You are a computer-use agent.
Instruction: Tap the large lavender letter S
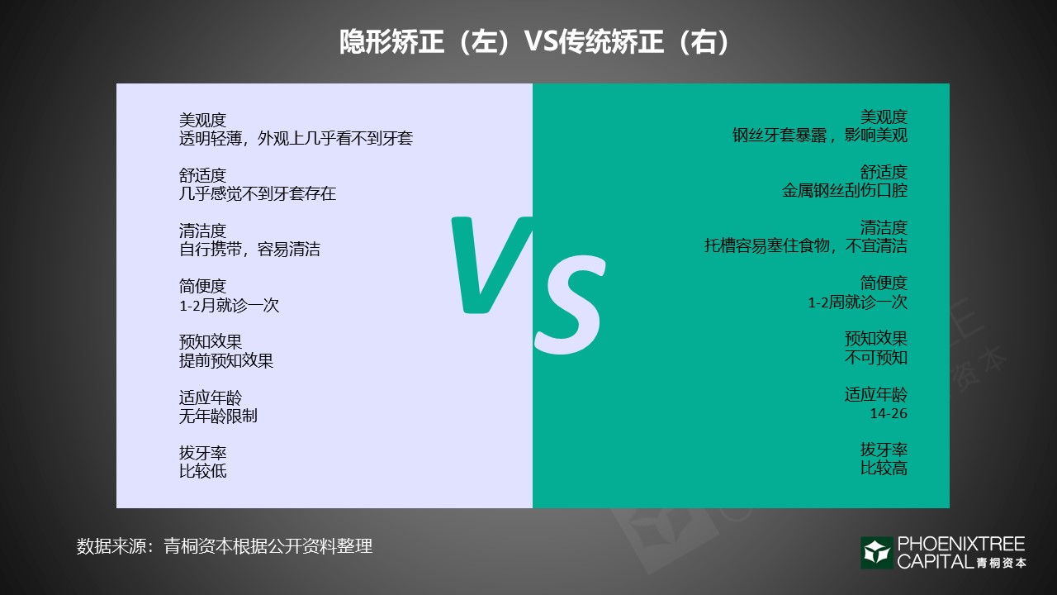570,302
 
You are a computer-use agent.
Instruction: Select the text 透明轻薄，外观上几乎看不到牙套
296,138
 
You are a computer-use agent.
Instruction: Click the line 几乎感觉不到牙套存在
258,194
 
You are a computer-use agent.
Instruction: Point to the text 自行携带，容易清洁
249,250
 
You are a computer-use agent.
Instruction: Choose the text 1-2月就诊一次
229,305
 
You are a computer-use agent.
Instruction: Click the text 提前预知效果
226,360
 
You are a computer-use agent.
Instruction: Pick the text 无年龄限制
218,416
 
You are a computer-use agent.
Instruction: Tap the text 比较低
202,471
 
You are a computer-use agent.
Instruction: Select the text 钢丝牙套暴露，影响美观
819,136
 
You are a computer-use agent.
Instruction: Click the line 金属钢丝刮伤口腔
845,191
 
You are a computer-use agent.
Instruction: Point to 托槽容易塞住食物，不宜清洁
805,246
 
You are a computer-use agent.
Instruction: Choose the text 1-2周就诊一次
857,302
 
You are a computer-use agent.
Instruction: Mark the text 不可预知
875,357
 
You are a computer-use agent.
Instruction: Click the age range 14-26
888,412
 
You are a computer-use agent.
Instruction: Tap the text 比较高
884,468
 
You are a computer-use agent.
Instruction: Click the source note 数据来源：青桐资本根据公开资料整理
225,546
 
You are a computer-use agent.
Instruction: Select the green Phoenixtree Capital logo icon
876,553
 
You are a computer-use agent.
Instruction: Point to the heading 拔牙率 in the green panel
884,450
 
